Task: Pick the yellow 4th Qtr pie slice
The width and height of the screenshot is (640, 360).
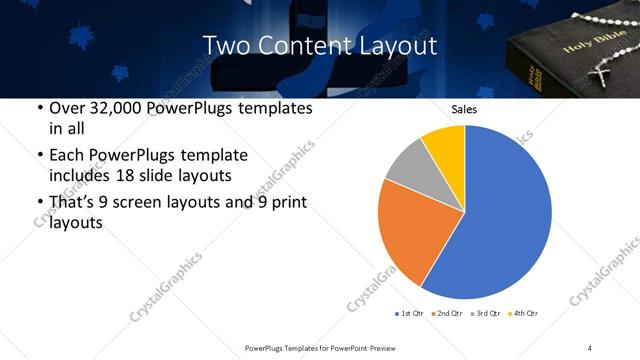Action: coord(444,146)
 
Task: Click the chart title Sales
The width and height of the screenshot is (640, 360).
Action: coord(464,109)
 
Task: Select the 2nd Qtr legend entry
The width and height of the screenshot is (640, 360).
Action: coord(446,314)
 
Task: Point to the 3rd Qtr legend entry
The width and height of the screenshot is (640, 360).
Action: coord(484,314)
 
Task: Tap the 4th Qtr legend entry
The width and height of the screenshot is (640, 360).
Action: coord(522,314)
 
